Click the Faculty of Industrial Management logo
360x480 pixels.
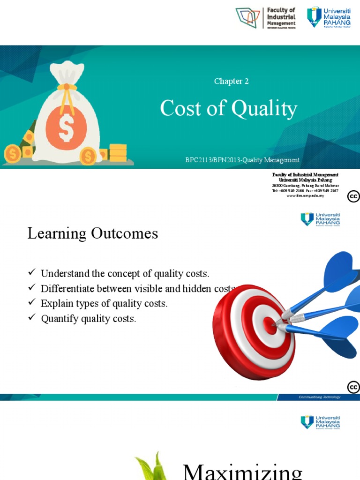(266, 18)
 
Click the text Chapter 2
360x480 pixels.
(231, 81)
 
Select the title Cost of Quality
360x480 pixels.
(228, 109)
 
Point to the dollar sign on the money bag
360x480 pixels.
(66, 127)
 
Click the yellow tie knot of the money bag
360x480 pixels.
(67, 87)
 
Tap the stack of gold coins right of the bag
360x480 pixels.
(118, 153)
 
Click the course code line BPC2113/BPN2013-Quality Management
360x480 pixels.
(242, 160)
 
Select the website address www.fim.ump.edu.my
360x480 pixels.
(305, 195)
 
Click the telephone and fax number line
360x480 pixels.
(305, 191)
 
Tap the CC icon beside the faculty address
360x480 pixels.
(353, 196)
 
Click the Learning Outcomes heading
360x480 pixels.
(93, 233)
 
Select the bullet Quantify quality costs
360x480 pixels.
(88, 319)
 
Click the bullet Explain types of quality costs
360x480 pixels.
(104, 303)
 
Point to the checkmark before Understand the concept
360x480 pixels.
(31, 272)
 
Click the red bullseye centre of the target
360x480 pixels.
(270, 322)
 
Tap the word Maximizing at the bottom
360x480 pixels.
(242, 470)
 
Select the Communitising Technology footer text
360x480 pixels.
(320, 397)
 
